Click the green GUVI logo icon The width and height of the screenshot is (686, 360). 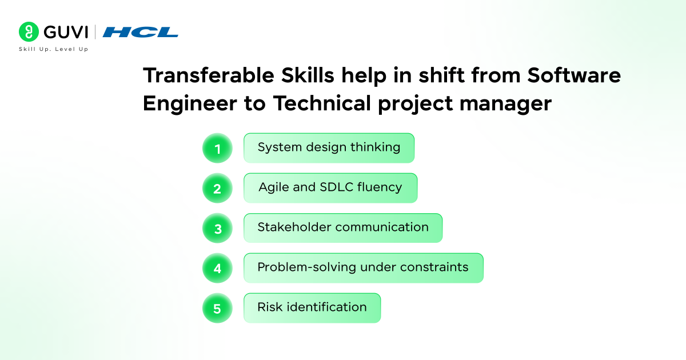28,32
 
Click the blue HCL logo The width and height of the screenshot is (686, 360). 140,32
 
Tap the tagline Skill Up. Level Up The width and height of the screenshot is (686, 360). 53,50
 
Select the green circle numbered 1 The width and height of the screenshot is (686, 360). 217,149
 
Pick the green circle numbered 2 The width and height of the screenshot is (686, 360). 217,189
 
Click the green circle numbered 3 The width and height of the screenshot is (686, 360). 217,229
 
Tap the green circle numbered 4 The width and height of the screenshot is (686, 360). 217,269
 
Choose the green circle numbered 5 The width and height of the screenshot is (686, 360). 217,309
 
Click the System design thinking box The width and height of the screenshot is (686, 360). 329,148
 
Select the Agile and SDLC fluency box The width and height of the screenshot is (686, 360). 330,188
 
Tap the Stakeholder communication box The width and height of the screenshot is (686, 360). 343,228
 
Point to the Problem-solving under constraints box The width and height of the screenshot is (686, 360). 363,268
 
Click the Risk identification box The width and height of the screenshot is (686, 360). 312,308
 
